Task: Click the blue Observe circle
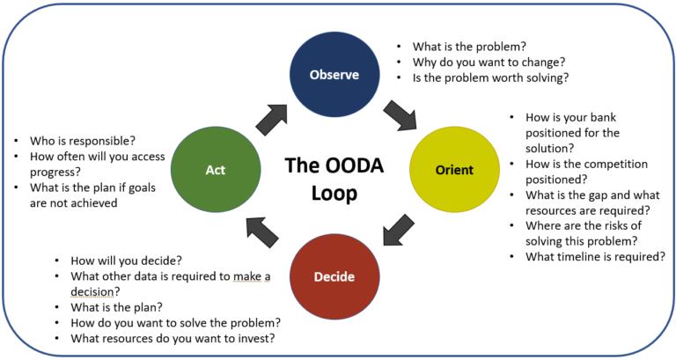(x=334, y=74)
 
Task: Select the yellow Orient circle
(x=455, y=169)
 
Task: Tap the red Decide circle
(x=334, y=276)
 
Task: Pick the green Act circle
(x=215, y=169)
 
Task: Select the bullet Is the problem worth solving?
(x=491, y=77)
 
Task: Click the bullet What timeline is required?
(x=595, y=257)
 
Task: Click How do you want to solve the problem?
(x=175, y=322)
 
